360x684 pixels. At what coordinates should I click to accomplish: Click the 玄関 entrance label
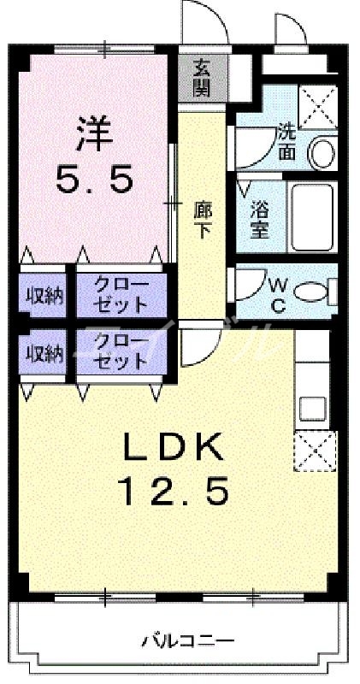coord(201,77)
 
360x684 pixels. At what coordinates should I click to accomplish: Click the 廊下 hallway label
coord(204,220)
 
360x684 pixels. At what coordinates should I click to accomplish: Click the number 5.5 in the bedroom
coord(95,179)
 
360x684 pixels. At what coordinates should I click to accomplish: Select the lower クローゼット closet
coord(121,351)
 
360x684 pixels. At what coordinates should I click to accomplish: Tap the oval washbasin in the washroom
coord(322,154)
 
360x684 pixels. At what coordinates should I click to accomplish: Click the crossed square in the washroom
coord(317,108)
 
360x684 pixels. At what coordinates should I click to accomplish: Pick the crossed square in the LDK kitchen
coord(311,451)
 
